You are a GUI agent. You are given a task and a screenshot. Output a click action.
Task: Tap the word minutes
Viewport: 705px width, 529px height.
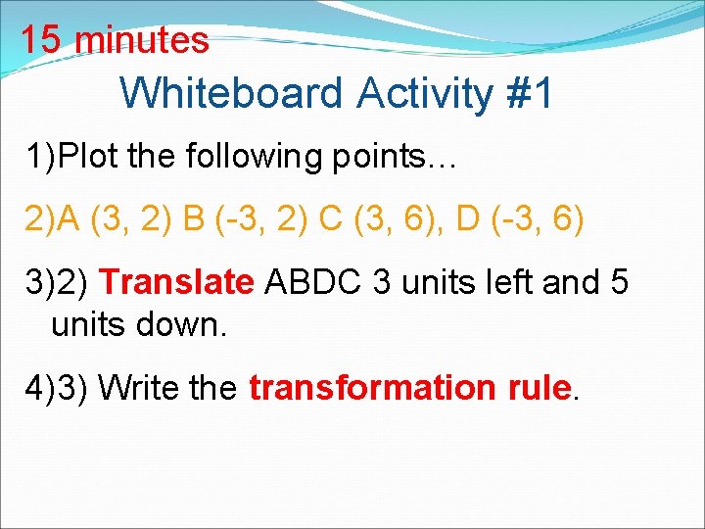(142, 41)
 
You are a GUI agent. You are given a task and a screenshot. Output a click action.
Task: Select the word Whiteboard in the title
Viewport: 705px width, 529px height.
(232, 94)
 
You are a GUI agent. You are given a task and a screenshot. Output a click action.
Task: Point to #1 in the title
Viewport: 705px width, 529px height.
(530, 94)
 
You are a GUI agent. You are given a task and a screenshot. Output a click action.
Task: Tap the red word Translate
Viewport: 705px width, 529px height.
(176, 282)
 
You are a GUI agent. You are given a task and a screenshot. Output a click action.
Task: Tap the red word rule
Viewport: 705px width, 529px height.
(539, 388)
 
